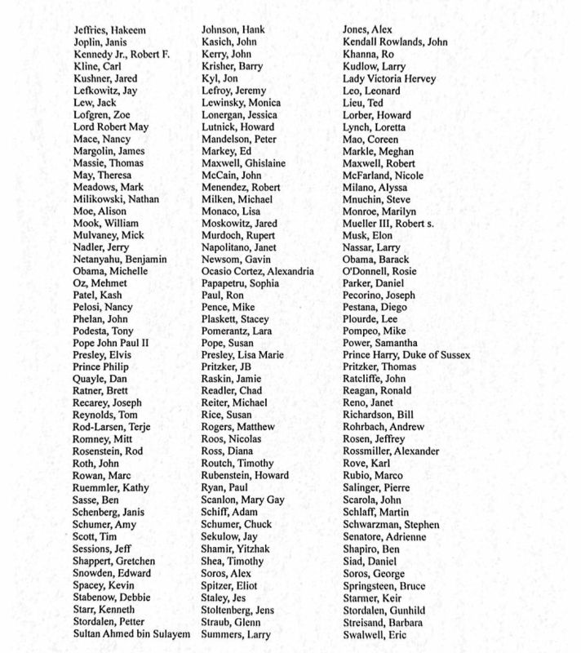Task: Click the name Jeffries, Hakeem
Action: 109,30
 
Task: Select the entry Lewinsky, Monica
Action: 241,103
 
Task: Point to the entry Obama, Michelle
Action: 110,271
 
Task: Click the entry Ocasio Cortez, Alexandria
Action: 257,271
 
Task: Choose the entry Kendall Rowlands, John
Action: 395,42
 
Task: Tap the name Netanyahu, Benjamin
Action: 120,259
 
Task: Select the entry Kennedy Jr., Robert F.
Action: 122,55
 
